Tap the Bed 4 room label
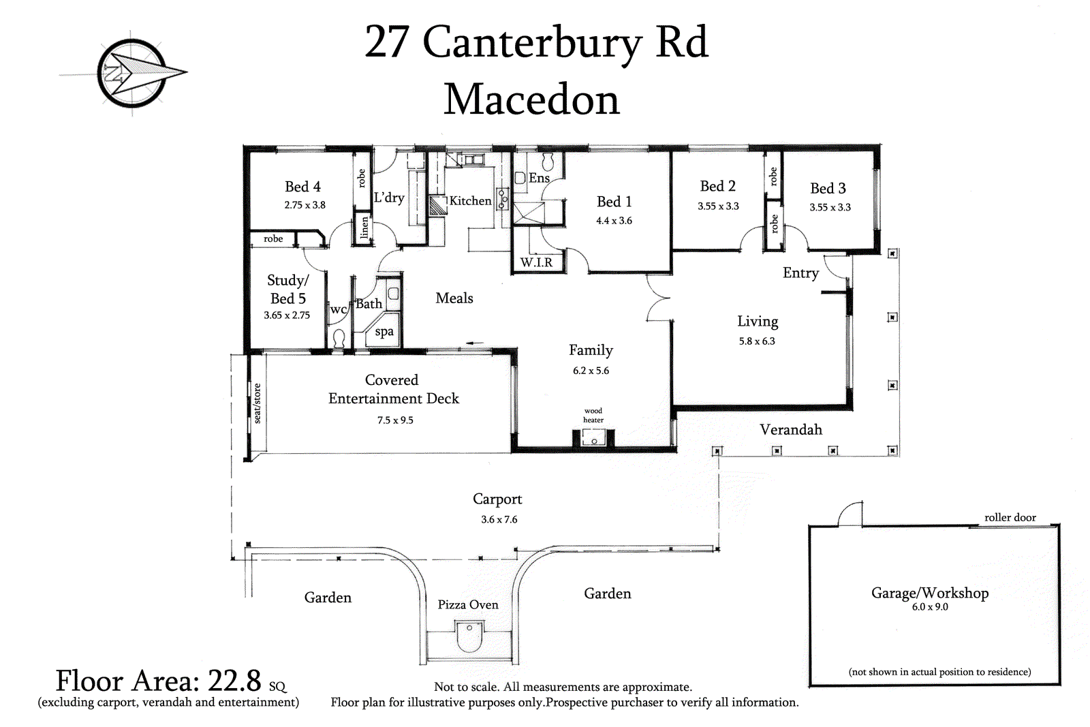tap(302, 187)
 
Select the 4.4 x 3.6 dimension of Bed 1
tap(614, 221)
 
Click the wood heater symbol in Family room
tap(593, 438)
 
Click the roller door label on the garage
tap(1010, 518)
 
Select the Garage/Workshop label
tap(930, 593)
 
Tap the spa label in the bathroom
tap(384, 332)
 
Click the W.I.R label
tap(536, 262)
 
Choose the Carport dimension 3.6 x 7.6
tap(499, 520)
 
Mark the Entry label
tap(800, 273)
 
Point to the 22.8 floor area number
tap(234, 681)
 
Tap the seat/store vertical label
tap(257, 403)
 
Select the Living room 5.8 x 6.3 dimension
tap(757, 341)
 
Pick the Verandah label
tap(791, 430)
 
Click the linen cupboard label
tap(364, 228)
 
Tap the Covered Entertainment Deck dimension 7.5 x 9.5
tap(395, 420)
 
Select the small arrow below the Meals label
tap(475, 343)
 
